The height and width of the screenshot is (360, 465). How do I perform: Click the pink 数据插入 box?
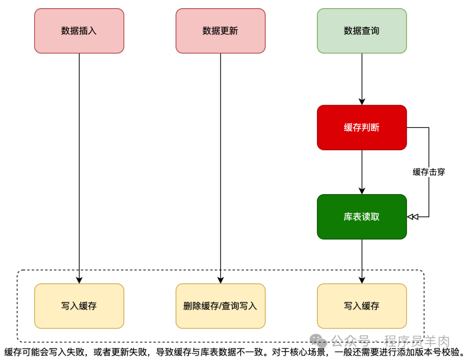[79, 31]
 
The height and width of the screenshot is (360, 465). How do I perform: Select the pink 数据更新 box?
[220, 31]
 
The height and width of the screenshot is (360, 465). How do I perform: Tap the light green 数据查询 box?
[362, 31]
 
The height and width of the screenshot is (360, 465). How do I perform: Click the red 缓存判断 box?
[362, 127]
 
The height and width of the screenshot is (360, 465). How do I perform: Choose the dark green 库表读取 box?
[362, 217]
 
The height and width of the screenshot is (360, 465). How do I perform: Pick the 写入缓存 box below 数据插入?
[79, 306]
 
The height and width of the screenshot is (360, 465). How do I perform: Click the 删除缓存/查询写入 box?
[220, 306]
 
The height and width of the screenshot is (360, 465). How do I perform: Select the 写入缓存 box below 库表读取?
[362, 306]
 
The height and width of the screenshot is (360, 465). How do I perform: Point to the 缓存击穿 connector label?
[429, 172]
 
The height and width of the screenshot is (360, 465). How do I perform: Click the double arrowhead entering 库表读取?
[412, 217]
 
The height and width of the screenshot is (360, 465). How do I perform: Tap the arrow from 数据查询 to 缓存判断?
[362, 79]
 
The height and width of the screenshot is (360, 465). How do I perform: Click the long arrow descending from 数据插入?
[79, 168]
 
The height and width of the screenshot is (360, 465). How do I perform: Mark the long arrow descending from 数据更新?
[220, 168]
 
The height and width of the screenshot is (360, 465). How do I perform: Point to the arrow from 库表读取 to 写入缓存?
[362, 261]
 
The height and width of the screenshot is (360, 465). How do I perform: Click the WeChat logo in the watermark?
[319, 342]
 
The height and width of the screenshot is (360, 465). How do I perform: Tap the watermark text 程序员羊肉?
[417, 342]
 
